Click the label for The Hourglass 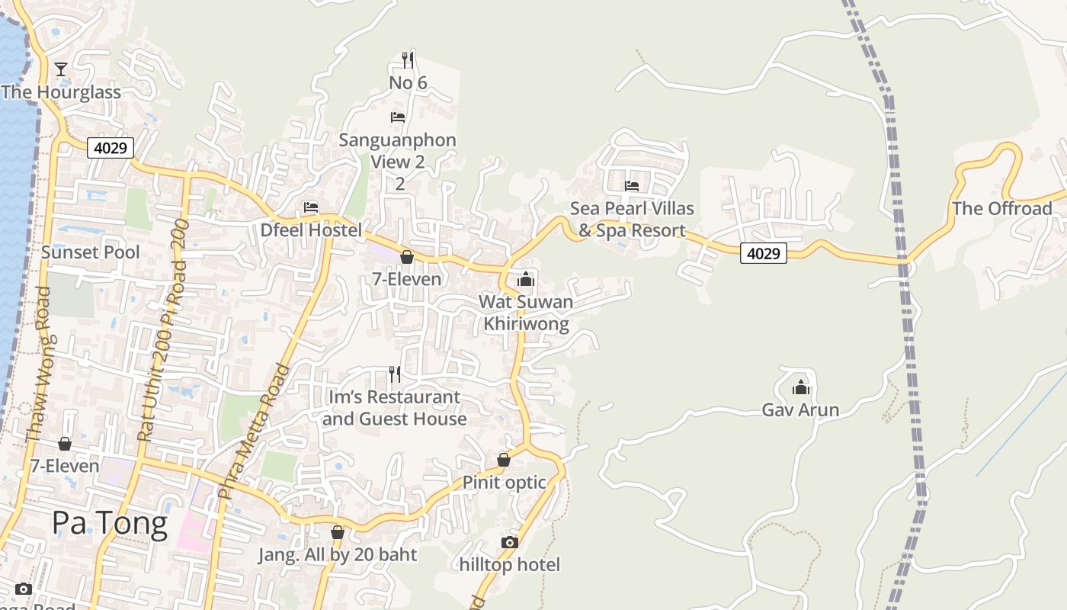[x=61, y=92]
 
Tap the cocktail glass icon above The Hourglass [x=61, y=69]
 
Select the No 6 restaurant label [x=408, y=82]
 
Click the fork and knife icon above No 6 [x=408, y=59]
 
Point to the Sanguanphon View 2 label [x=397, y=151]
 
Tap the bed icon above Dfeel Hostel [x=310, y=207]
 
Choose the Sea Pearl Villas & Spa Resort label [x=632, y=219]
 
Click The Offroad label [x=1001, y=208]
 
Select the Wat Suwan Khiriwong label [x=526, y=313]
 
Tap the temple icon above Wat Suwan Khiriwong [x=526, y=279]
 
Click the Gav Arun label [x=800, y=410]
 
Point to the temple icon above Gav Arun [x=800, y=388]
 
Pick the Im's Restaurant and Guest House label [x=393, y=408]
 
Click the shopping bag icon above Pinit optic [x=503, y=460]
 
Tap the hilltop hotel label [x=509, y=564]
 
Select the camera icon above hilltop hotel [x=509, y=542]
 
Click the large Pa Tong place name [x=110, y=524]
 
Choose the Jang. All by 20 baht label [x=337, y=554]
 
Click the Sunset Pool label [x=90, y=252]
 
